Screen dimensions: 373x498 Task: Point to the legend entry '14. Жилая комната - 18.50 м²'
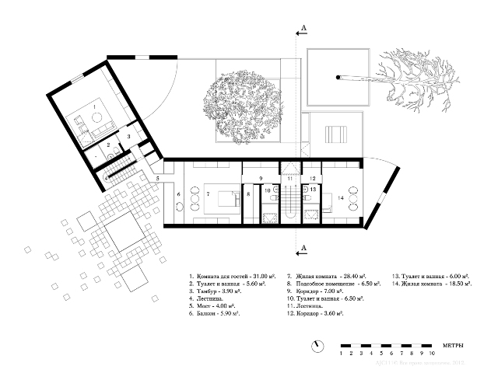432,284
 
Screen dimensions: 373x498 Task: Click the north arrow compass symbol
317,345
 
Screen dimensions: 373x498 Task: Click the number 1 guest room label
93,105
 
